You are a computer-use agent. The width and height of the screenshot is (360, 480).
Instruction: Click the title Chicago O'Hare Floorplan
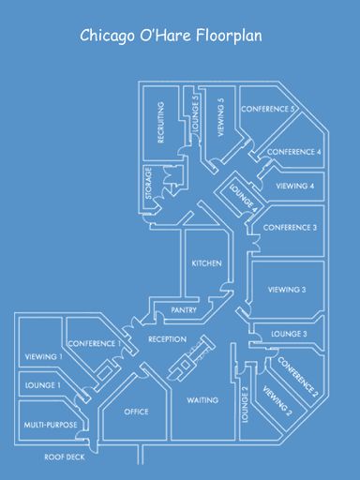tap(170, 37)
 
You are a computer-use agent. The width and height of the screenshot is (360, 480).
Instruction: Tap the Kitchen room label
tap(207, 263)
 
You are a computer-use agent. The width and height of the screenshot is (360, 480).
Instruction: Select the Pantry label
tap(183, 310)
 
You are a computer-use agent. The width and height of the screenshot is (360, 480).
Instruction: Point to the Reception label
tap(167, 338)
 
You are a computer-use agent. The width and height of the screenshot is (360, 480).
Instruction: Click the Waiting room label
tap(202, 400)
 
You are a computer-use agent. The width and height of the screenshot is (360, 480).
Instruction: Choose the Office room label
tap(137, 412)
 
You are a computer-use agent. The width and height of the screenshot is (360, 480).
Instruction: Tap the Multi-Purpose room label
tap(51, 425)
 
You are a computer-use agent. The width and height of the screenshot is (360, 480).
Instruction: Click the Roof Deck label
tap(65, 457)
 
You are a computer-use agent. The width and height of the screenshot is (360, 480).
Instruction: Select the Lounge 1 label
tap(42, 384)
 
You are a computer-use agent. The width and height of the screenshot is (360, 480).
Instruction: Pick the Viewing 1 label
tap(44, 356)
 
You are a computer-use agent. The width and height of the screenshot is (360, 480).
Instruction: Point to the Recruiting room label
tap(161, 122)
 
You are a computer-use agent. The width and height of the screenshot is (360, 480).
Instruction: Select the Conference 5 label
tap(269, 110)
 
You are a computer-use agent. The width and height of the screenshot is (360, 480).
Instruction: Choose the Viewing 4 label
tap(294, 186)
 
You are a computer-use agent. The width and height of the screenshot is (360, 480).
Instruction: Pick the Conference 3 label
tap(290, 227)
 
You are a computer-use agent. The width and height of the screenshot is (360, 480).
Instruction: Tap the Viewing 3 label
tap(287, 290)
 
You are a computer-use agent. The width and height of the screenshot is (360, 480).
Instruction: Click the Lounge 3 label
tap(289, 333)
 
